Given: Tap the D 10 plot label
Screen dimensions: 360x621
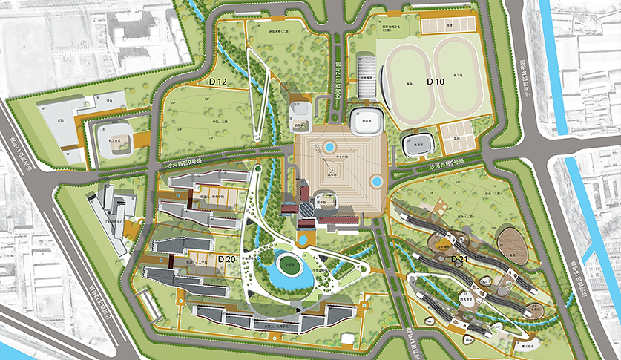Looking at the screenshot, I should pos(435,80).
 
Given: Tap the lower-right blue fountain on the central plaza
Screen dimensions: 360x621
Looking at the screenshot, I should pos(377,180).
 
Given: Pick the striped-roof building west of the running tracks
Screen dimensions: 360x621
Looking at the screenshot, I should pos(367,76).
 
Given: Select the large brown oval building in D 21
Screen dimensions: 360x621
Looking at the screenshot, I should pos(513,246).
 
